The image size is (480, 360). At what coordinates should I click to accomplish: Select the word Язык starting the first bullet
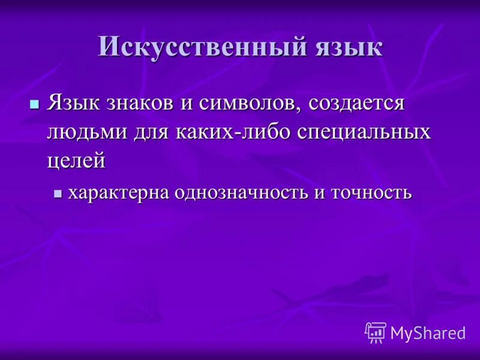[76, 103]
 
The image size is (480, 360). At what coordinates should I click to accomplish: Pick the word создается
[349, 103]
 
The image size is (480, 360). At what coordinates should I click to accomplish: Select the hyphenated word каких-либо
[235, 131]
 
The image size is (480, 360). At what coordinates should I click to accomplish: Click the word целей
[76, 160]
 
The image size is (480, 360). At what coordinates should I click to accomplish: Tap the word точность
[368, 193]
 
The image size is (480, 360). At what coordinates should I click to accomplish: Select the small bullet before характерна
[58, 194]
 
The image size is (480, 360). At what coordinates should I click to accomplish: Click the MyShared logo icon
[376, 332]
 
